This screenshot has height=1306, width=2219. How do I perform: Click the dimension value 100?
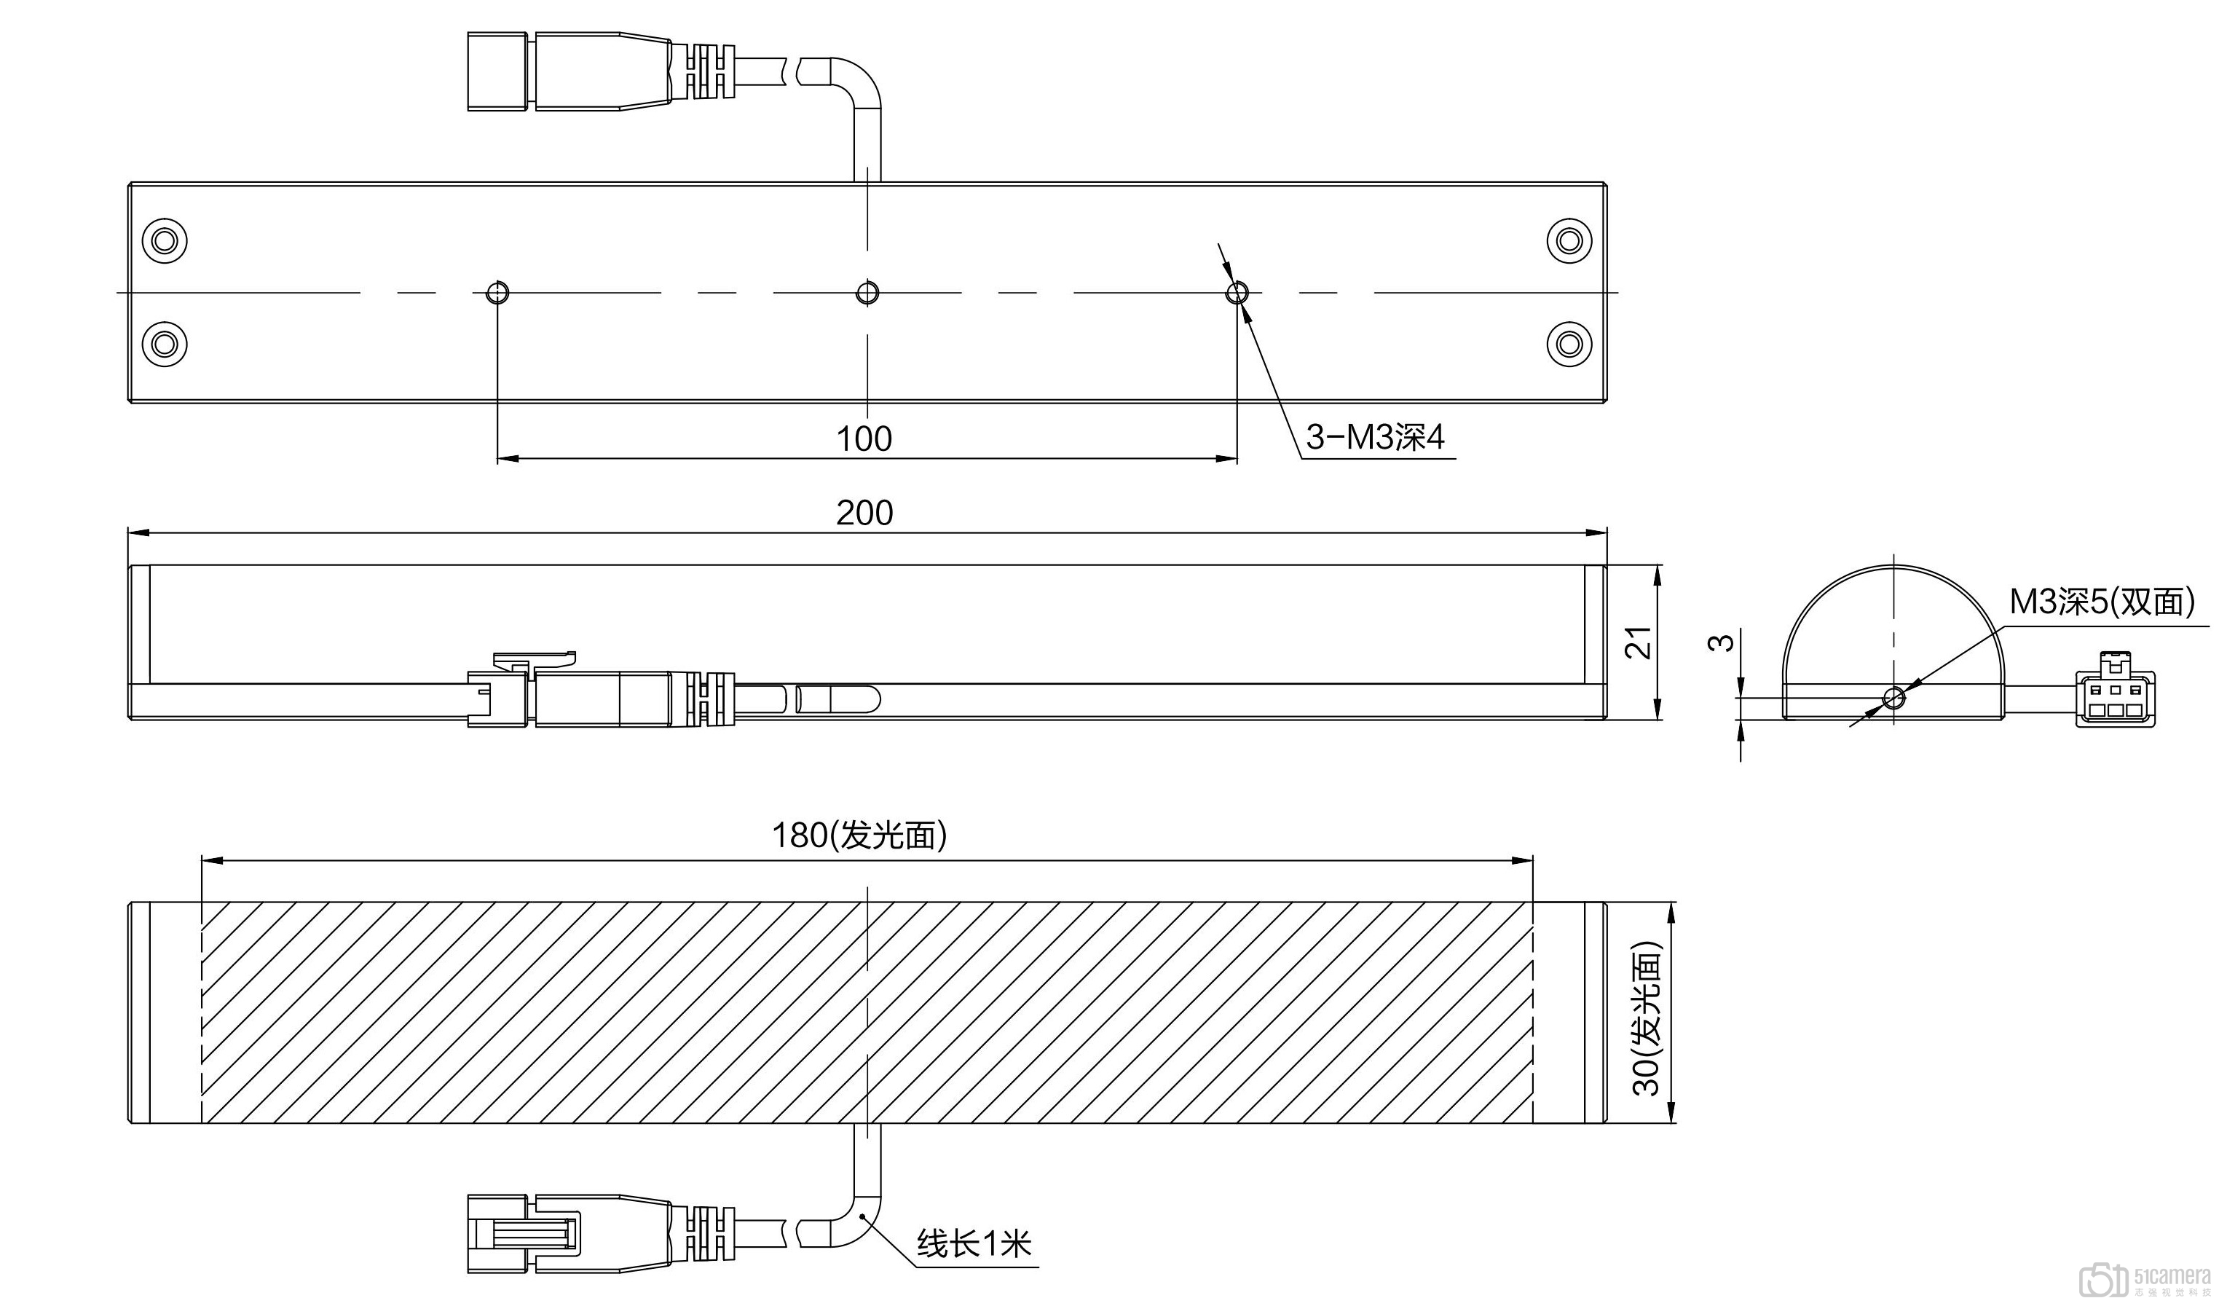[864, 438]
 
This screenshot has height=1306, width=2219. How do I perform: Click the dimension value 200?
[864, 513]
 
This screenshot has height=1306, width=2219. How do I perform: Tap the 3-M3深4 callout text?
[1374, 437]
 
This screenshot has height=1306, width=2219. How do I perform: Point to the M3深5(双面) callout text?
[2101, 602]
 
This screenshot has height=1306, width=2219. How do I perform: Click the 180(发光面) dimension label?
[859, 835]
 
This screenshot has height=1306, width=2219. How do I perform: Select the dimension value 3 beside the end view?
[1721, 642]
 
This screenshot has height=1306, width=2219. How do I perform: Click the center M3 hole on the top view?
[867, 292]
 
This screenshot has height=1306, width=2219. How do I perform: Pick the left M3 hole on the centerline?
[497, 292]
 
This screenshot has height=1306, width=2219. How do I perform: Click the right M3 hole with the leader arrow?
[1237, 292]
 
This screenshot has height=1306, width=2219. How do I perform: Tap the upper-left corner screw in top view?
[165, 240]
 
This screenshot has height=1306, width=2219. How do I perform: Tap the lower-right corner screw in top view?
[1569, 342]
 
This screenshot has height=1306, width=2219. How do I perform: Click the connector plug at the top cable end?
[500, 72]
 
